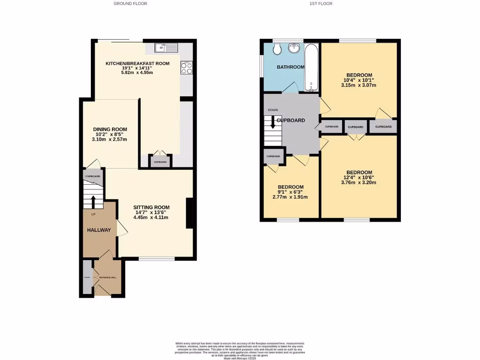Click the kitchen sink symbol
(167, 47)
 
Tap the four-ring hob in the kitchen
(186, 68)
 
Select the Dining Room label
(110, 129)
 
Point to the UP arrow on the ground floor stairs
(93, 202)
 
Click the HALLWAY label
(98, 230)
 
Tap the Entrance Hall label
(107, 277)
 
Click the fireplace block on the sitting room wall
(190, 213)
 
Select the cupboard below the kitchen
(160, 162)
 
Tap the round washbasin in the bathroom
(295, 48)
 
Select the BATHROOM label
(291, 67)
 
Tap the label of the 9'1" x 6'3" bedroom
(290, 187)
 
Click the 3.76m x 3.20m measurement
(359, 183)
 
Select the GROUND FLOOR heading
(130, 4)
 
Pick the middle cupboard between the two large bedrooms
(356, 127)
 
